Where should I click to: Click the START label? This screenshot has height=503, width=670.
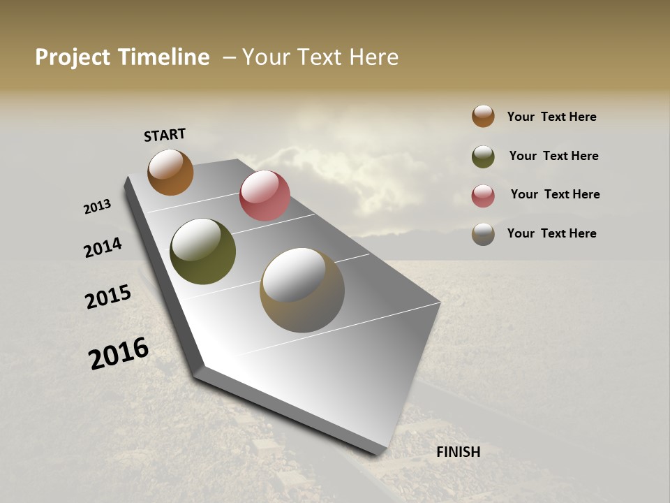click(x=165, y=135)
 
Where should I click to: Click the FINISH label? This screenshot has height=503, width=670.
click(x=459, y=452)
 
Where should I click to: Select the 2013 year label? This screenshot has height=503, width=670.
click(x=97, y=207)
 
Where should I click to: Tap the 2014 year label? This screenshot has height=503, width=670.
click(x=103, y=247)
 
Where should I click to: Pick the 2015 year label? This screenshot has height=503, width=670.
click(x=108, y=297)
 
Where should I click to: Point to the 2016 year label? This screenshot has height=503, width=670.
click(x=119, y=353)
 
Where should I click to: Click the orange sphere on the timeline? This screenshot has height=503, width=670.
click(x=170, y=172)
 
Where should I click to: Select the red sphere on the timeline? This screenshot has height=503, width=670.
click(x=265, y=196)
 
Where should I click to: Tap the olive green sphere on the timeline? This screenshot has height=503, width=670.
click(x=202, y=251)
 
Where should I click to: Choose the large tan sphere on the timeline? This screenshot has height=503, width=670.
click(x=302, y=290)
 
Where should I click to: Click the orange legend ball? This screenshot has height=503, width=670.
click(x=483, y=116)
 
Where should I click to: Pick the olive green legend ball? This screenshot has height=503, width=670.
click(x=483, y=156)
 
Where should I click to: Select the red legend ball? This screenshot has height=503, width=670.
click(x=483, y=196)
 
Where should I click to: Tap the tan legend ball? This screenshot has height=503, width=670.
click(x=483, y=234)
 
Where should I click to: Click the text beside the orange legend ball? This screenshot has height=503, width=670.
click(x=551, y=117)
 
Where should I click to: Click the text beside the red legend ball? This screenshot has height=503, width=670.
click(x=555, y=194)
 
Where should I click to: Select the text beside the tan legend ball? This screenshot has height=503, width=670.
click(x=551, y=233)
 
